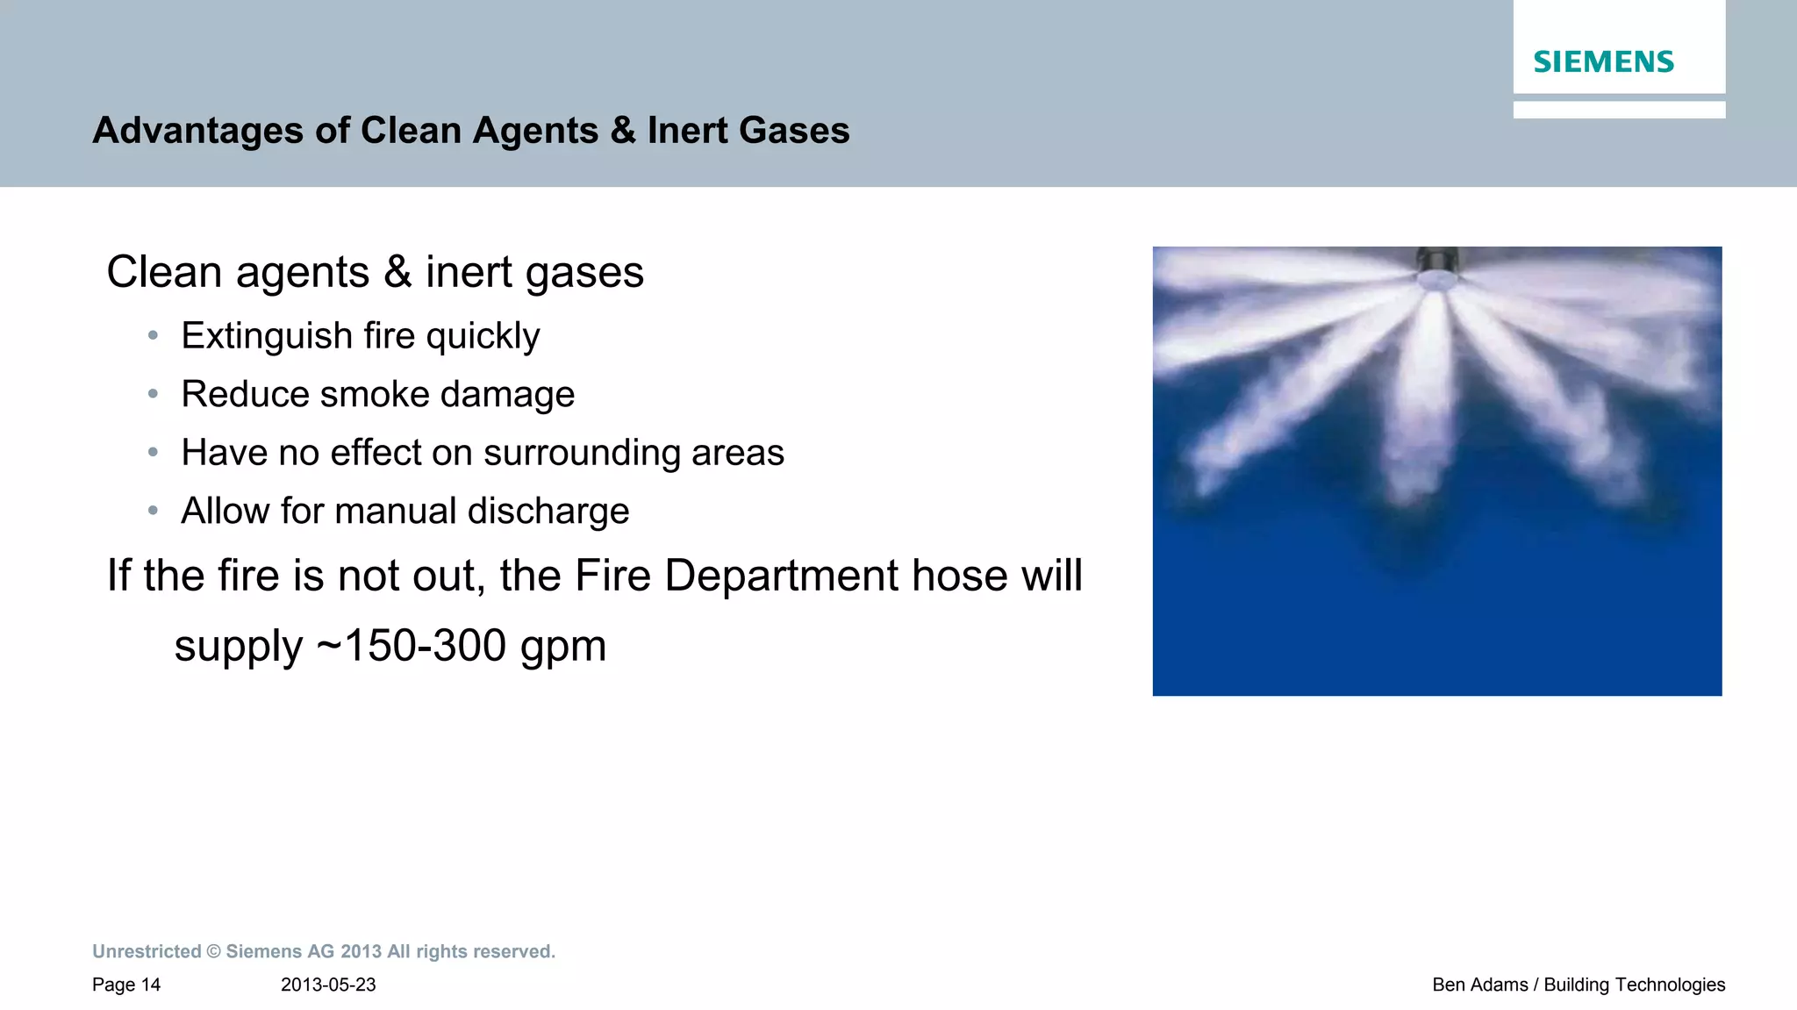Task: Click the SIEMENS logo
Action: click(x=1603, y=62)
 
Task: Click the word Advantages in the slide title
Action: click(x=197, y=131)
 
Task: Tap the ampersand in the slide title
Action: click(x=623, y=131)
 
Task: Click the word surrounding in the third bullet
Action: click(x=582, y=453)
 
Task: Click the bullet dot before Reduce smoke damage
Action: click(x=154, y=394)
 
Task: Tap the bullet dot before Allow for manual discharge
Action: click(x=154, y=511)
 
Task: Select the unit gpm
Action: click(x=562, y=648)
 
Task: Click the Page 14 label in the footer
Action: click(x=126, y=985)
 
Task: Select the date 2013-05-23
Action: click(x=328, y=985)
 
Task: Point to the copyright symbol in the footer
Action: click(x=213, y=952)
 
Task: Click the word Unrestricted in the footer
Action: click(x=147, y=952)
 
